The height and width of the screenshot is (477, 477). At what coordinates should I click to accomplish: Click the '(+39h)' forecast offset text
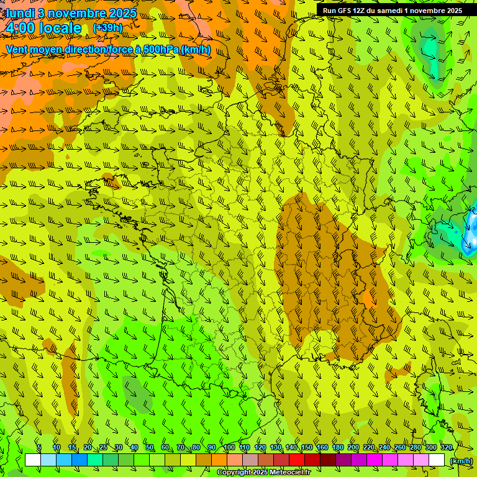(107, 28)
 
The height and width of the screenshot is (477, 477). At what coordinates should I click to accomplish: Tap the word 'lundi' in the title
(20, 13)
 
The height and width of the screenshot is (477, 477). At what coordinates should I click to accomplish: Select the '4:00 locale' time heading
(43, 28)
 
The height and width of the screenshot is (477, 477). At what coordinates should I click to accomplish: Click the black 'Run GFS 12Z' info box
(392, 11)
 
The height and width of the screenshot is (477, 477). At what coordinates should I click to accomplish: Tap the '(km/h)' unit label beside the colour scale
(460, 460)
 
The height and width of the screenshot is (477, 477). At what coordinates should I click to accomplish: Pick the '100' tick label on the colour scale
(229, 447)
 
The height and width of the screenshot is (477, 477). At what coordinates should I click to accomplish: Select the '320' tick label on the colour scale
(446, 447)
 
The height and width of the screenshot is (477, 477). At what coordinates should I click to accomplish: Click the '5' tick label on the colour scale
(39, 447)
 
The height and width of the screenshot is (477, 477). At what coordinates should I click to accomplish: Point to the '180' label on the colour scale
(337, 447)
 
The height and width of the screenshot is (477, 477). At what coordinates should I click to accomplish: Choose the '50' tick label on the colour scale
(150, 447)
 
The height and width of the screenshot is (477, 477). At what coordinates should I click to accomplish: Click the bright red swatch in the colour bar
(297, 460)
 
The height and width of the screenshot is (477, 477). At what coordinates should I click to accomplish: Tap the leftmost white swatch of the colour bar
(32, 460)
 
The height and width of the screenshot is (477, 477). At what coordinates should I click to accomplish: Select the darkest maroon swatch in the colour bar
(328, 460)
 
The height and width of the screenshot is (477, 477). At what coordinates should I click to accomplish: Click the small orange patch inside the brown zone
(368, 300)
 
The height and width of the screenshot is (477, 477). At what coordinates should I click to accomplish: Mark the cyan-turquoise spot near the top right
(429, 47)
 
